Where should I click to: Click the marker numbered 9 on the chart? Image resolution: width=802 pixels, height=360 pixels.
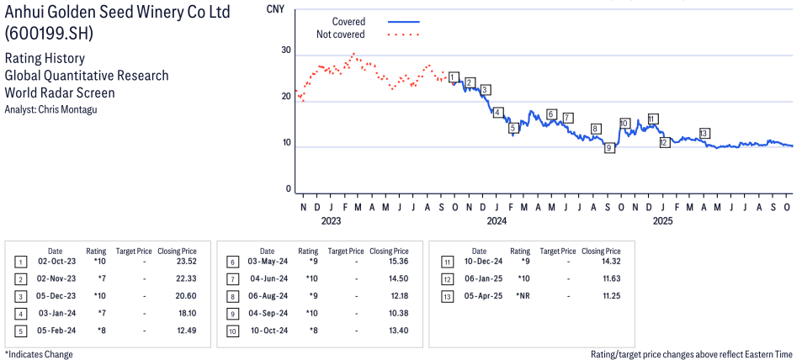(609, 148)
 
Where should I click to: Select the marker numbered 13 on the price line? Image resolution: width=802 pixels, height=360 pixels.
(704, 133)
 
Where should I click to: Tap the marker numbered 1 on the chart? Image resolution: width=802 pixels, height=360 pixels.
(454, 77)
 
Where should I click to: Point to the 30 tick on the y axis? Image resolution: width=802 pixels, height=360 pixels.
(286, 50)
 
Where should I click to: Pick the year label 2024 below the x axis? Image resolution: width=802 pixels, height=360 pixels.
(497, 221)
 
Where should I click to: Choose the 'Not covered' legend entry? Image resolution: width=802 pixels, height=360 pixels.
(340, 34)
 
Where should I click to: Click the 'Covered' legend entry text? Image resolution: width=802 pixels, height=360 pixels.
(348, 21)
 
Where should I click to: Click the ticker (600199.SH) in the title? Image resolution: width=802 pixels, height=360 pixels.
(48, 34)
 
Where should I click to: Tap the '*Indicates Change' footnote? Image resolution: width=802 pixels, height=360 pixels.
(39, 354)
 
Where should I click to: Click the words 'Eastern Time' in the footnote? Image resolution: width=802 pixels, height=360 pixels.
(766, 354)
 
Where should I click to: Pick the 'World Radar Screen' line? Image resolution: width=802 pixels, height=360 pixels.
(59, 93)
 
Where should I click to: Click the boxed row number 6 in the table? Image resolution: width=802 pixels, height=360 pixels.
(231, 262)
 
